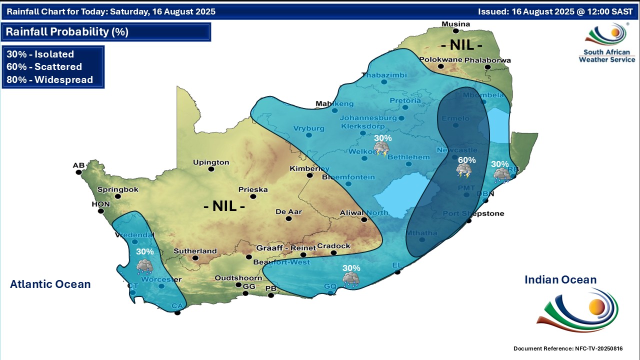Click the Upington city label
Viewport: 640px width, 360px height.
pyautogui.click(x=211, y=162)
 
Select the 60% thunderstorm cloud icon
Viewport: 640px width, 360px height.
pyautogui.click(x=464, y=171)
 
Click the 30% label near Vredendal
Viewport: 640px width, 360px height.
pyautogui.click(x=145, y=251)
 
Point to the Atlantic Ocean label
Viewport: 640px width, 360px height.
pyautogui.click(x=50, y=284)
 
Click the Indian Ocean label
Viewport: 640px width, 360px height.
pyautogui.click(x=560, y=280)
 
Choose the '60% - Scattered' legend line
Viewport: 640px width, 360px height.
pyautogui.click(x=44, y=66)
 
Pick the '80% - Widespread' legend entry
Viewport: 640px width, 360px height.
pyautogui.click(x=50, y=79)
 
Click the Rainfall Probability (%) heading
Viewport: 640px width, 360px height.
pyautogui.click(x=67, y=32)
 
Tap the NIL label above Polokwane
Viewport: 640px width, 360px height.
pyautogui.click(x=462, y=45)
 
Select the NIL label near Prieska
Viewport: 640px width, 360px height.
pyautogui.click(x=224, y=205)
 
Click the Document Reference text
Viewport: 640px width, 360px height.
pyautogui.click(x=568, y=348)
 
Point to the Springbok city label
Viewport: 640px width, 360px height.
pyautogui.click(x=117, y=189)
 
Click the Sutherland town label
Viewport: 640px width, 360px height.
pyautogui.click(x=195, y=251)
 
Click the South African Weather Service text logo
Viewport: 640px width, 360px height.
pyautogui.click(x=606, y=55)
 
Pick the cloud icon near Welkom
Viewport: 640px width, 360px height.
pyautogui.click(x=382, y=148)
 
